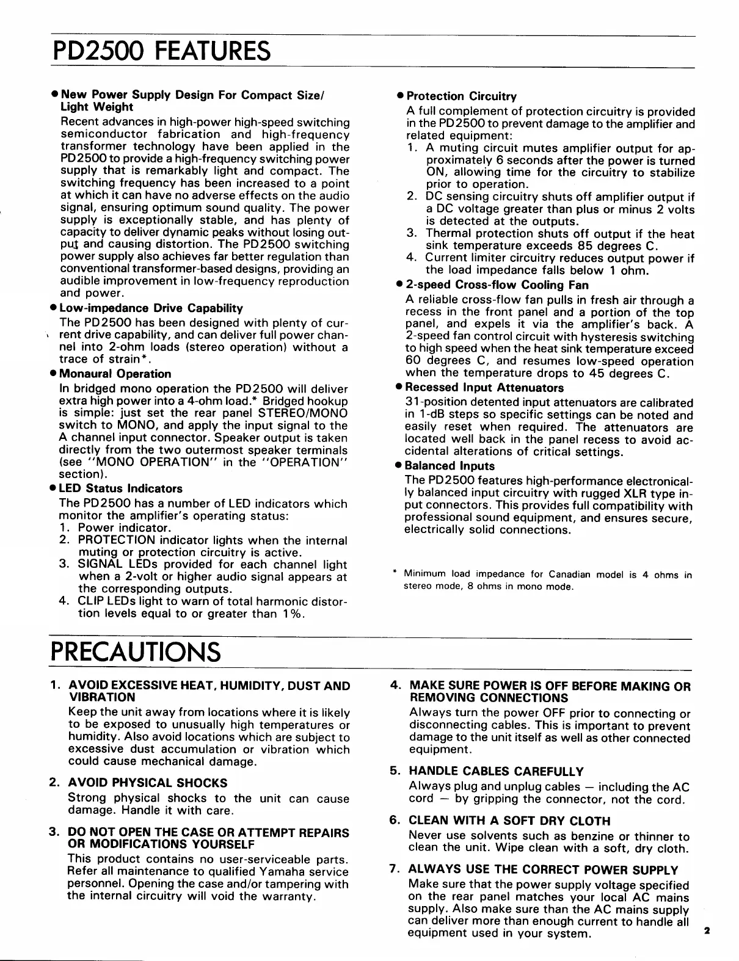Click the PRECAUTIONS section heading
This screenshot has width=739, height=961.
pyautogui.click(x=135, y=652)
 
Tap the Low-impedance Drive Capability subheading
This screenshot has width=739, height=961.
pyautogui.click(x=151, y=308)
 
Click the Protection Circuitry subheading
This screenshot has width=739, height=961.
pyautogui.click(x=461, y=96)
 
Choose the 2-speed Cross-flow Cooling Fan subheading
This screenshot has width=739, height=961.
pyautogui.click(x=493, y=285)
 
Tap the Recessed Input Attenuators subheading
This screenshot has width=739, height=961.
pyautogui.click(x=484, y=388)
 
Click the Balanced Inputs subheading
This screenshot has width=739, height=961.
pyautogui.click(x=451, y=466)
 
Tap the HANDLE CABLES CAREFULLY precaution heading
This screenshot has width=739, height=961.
pyautogui.click(x=496, y=772)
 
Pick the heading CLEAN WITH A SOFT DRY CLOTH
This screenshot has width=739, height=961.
pyautogui.click(x=509, y=821)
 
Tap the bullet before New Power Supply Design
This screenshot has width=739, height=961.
pyautogui.click(x=55, y=96)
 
